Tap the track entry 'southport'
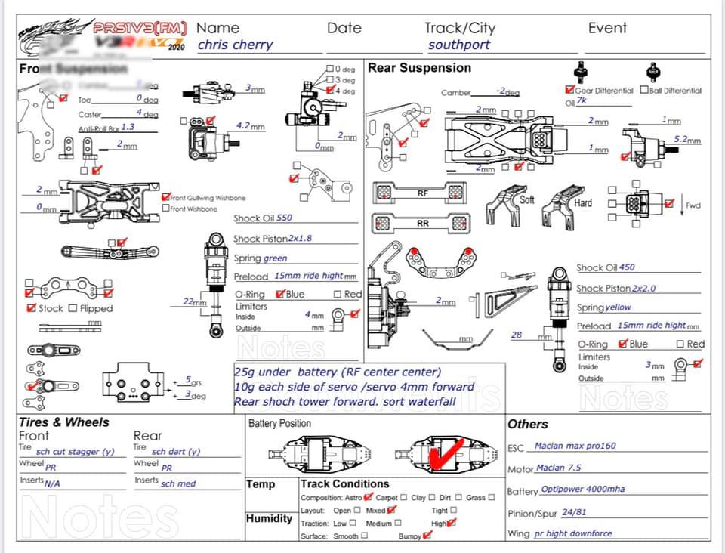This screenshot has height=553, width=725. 459,45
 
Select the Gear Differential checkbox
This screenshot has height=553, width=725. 569,90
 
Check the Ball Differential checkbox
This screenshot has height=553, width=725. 644,90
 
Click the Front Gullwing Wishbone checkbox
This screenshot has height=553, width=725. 165,198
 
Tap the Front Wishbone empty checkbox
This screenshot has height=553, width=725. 165,209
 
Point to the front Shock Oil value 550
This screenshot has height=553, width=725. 284,218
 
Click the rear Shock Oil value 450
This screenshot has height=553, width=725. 627,267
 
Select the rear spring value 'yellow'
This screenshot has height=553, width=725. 618,307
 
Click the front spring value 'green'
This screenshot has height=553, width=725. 275,258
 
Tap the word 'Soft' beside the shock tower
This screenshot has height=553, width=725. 527,200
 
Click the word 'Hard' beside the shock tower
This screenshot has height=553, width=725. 583,203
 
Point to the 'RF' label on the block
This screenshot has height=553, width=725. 423,193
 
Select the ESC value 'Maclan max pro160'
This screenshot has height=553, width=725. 575,446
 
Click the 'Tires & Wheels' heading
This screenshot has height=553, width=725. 64,422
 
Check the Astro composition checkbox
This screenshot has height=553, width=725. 368,497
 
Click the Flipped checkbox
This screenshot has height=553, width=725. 73,308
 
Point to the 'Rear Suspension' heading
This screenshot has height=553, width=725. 419,68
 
